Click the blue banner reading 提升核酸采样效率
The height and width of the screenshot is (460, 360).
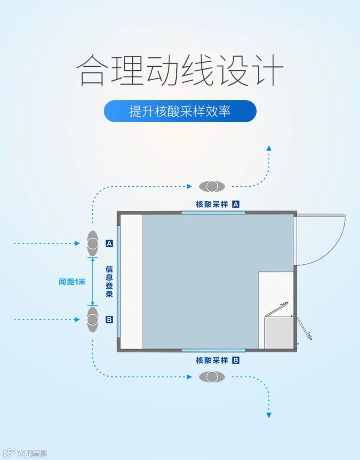(180, 111)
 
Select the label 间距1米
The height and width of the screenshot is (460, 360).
(72, 282)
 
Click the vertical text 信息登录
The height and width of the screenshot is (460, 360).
(109, 281)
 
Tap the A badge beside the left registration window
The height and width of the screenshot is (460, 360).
(109, 244)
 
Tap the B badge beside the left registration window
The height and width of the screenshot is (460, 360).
(109, 320)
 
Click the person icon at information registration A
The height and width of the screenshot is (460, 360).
(93, 243)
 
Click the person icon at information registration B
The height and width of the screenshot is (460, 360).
(93, 319)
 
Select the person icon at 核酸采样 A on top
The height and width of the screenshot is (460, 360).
(212, 186)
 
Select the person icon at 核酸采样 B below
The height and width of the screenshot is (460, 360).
(212, 377)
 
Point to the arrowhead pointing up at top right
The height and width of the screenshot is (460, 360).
(269, 148)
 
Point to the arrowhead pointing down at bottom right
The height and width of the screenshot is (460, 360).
(269, 415)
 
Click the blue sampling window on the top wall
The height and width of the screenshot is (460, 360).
(213, 212)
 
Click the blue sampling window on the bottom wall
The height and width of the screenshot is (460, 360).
(213, 350)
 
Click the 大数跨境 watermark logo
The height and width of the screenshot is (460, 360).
(25, 453)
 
